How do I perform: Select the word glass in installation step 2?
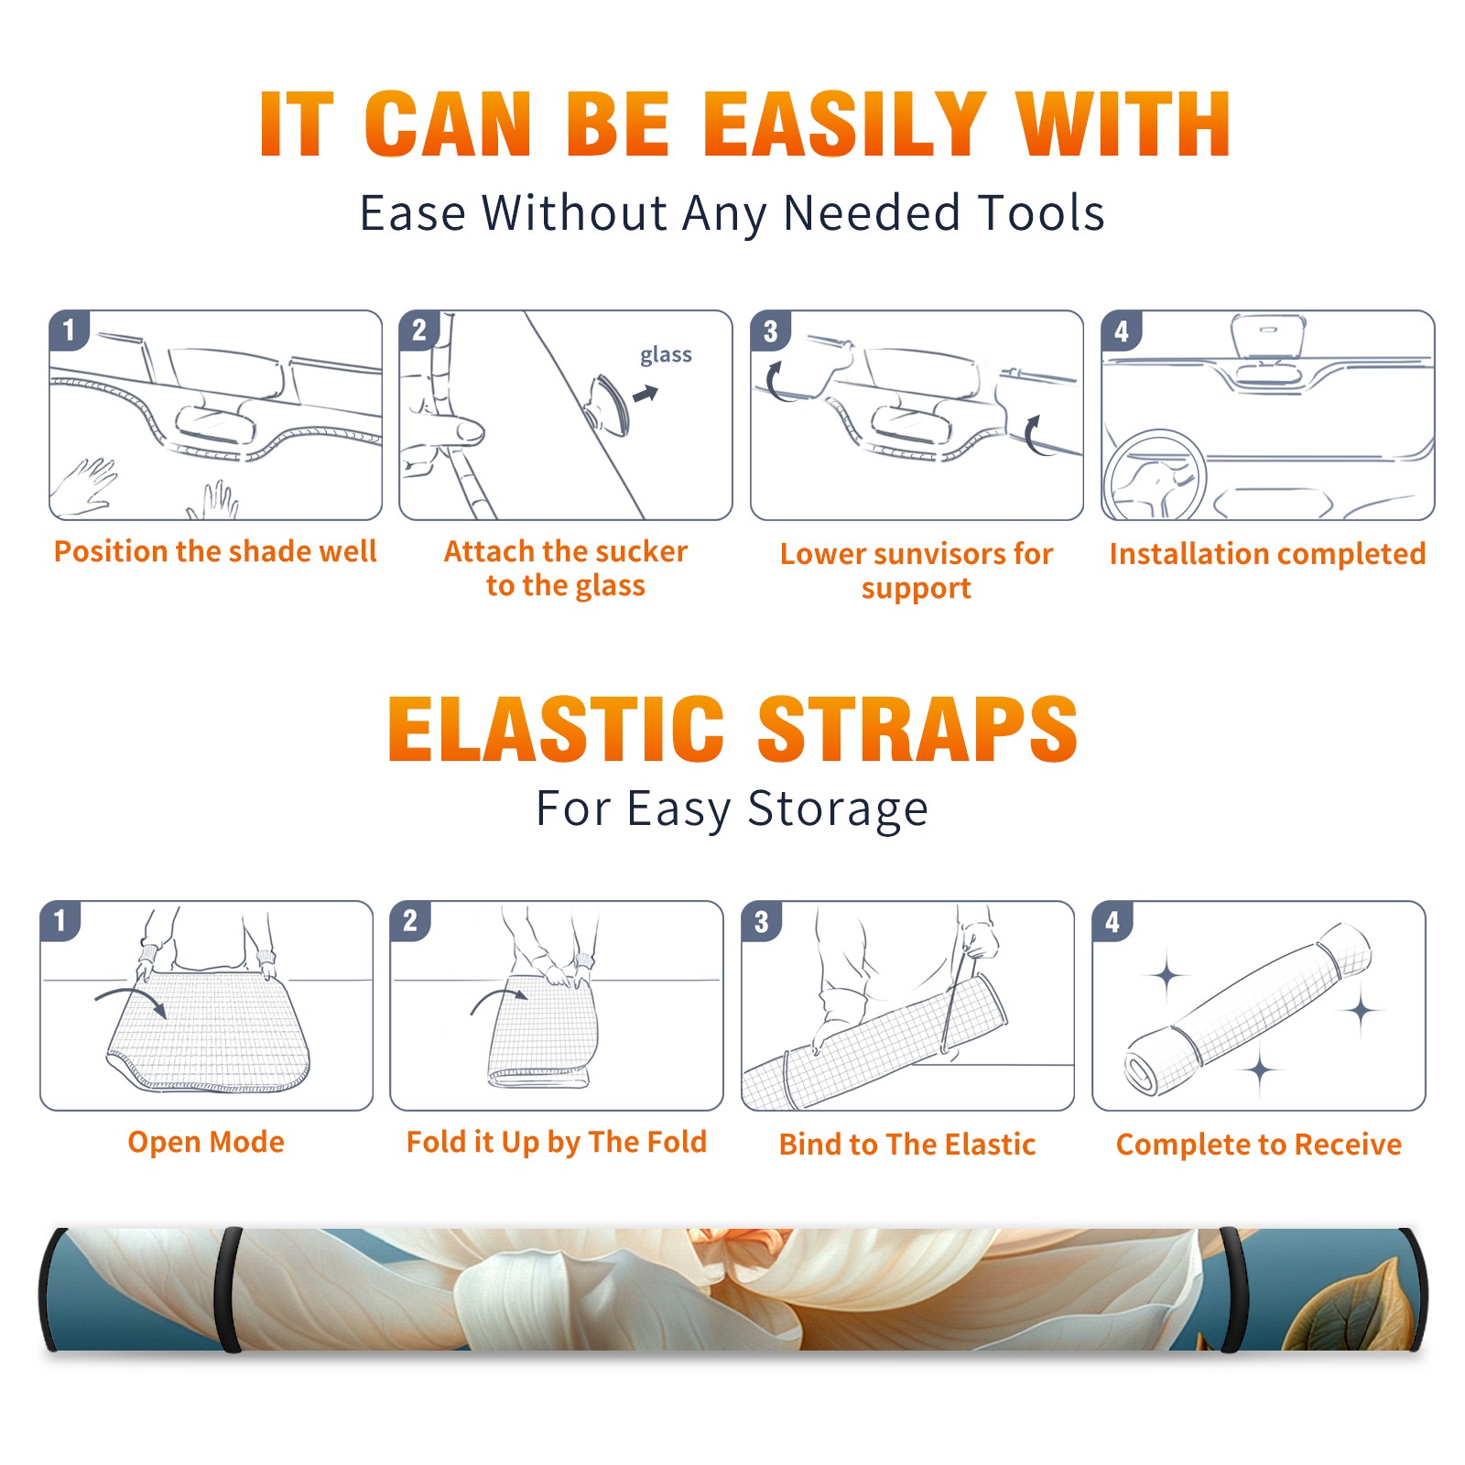coord(666,354)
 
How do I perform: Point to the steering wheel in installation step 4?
coord(1154,475)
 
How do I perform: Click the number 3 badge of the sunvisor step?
coord(770,331)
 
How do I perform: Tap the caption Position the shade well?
coord(215,551)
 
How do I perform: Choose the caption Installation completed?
coord(1267,553)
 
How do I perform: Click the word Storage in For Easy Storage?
coord(838,809)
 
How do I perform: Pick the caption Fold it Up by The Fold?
coord(557,1142)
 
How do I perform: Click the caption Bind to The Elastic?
coord(907,1144)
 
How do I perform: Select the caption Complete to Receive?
coord(1259,1144)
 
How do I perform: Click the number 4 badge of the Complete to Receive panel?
coord(1112,921)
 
